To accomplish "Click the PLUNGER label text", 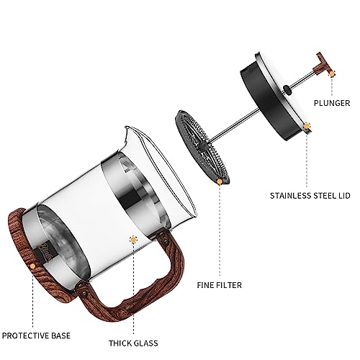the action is pyautogui.click(x=332, y=103).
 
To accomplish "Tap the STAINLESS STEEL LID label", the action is pyautogui.click(x=310, y=196).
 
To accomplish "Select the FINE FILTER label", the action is pyautogui.click(x=220, y=285).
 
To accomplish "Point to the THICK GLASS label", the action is pyautogui.click(x=133, y=343).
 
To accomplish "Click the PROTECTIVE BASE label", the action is pyautogui.click(x=36, y=336).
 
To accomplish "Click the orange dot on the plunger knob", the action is pyautogui.click(x=332, y=74).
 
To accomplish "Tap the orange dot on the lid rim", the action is pyautogui.click(x=307, y=126).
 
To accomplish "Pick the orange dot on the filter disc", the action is pyautogui.click(x=220, y=181).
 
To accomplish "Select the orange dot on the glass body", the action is pyautogui.click(x=133, y=239).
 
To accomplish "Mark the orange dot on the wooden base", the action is pyautogui.click(x=32, y=266).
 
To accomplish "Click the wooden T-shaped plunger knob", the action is pyautogui.click(x=323, y=64).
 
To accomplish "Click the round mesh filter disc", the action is pyautogui.click(x=202, y=146).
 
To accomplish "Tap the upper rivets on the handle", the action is pyautogui.click(x=164, y=238).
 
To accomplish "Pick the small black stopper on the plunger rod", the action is pyautogui.click(x=287, y=89).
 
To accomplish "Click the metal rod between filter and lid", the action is pyautogui.click(x=234, y=125).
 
